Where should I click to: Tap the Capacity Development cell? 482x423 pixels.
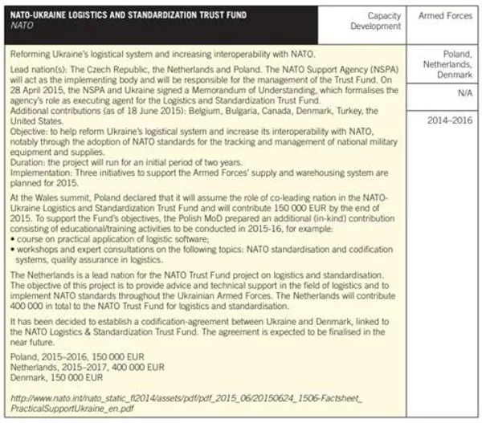point(374,21)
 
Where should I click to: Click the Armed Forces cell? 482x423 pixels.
point(446,16)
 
